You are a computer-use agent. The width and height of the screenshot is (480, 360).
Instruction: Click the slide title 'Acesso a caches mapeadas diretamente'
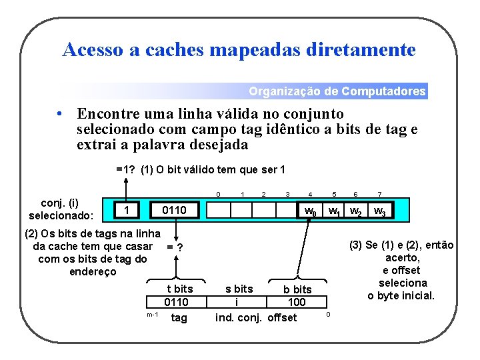click(x=239, y=50)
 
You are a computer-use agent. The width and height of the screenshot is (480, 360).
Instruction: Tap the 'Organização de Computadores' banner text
click(x=337, y=91)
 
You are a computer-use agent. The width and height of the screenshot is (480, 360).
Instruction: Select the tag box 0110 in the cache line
click(x=175, y=211)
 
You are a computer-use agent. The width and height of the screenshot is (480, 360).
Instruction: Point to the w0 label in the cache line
click(x=310, y=212)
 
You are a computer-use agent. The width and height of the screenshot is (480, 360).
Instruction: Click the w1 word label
click(x=335, y=212)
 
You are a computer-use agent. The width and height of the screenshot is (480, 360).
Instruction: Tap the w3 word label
click(x=379, y=212)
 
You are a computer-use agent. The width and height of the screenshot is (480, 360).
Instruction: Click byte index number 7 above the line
click(x=379, y=195)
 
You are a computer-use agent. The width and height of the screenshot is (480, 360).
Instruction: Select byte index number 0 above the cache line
click(x=218, y=195)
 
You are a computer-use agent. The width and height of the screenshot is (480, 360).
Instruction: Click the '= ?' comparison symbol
click(x=175, y=247)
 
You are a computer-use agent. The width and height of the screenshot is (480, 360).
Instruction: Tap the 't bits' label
click(x=179, y=289)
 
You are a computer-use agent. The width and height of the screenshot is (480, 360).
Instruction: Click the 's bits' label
click(x=239, y=289)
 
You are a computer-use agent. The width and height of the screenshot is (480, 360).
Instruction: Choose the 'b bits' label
click(x=297, y=289)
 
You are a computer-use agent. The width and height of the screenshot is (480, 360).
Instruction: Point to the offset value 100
click(x=296, y=302)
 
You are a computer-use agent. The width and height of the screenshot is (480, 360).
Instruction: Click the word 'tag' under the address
click(x=179, y=317)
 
